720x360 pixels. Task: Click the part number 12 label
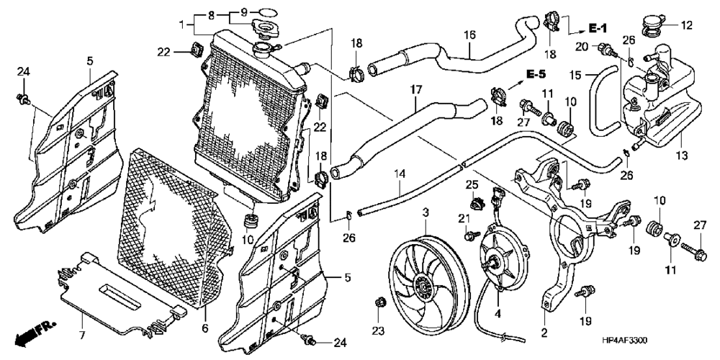686,25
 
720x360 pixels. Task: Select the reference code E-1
598,29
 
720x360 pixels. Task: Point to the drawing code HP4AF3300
625,341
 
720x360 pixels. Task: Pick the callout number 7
82,336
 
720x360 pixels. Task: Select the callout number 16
469,35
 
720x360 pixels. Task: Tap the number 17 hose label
415,91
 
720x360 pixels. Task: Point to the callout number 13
681,156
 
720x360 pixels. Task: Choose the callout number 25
472,184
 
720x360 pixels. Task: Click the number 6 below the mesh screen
204,328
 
